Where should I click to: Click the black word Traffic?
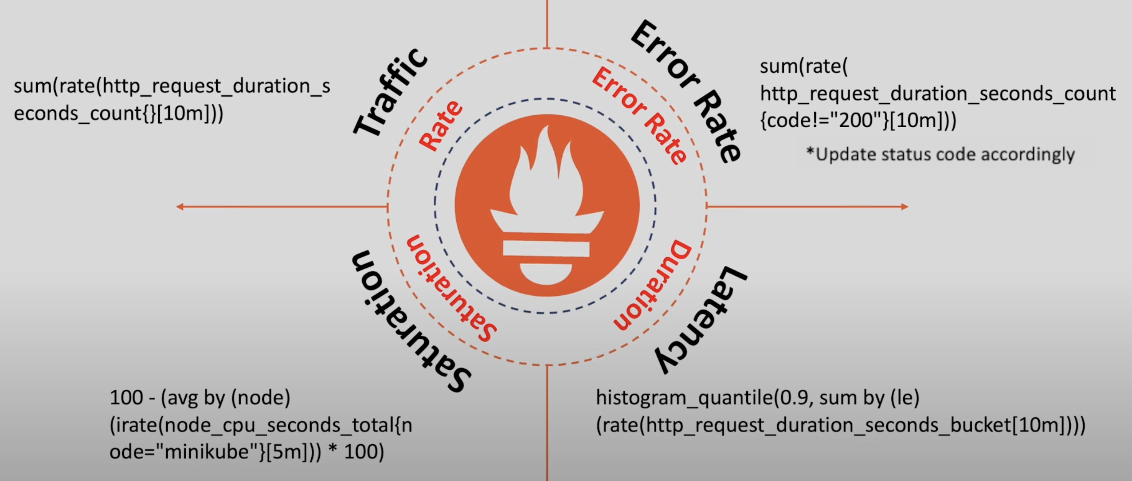[390, 93]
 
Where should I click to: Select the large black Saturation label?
[411, 321]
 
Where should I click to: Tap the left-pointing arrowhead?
[180, 207]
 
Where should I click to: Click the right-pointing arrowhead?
[904, 207]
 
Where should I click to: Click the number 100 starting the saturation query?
[126, 398]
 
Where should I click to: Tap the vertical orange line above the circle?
[547, 24]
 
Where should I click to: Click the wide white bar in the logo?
[546, 249]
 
